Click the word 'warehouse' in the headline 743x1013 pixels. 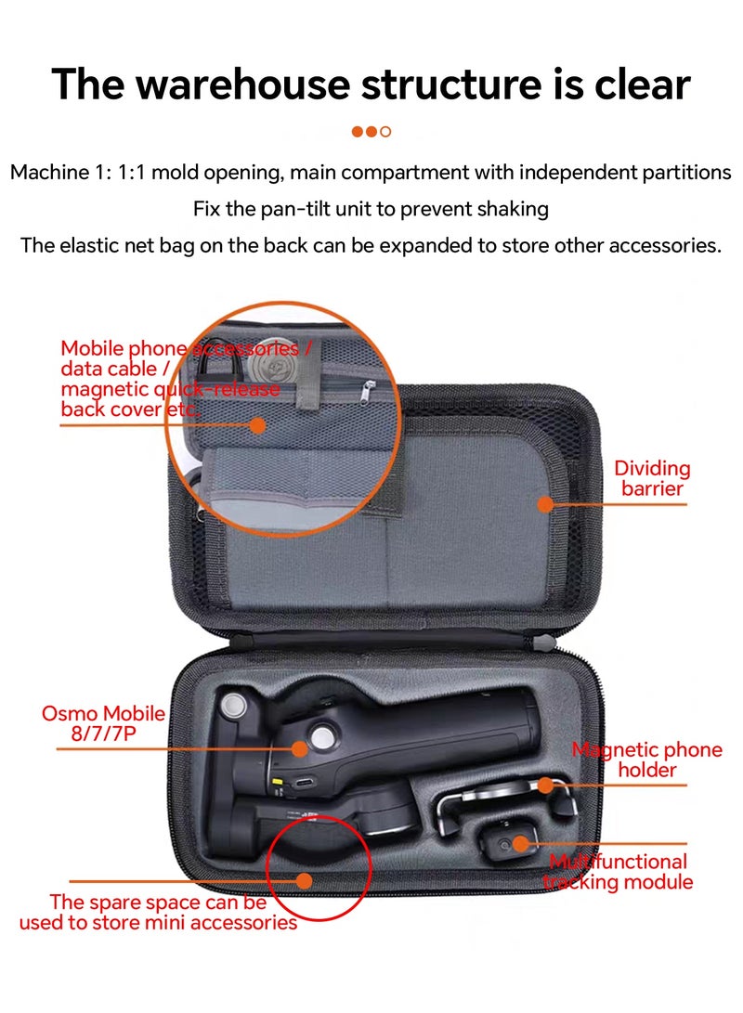[x=243, y=84]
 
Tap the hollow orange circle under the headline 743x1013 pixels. [x=385, y=132]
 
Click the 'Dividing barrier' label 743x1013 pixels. [x=652, y=478]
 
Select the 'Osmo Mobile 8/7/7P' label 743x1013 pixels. [x=103, y=723]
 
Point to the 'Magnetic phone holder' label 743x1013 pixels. [x=646, y=760]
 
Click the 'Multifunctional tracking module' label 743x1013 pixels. [x=618, y=872]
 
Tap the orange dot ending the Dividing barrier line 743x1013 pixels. [x=546, y=504]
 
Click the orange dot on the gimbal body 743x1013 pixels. [x=299, y=748]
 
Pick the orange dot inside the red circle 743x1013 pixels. [x=305, y=880]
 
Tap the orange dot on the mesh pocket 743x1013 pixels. [x=258, y=425]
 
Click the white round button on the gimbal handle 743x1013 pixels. [x=321, y=734]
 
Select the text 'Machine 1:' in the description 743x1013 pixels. [x=61, y=173]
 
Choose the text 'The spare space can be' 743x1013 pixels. [x=158, y=902]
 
